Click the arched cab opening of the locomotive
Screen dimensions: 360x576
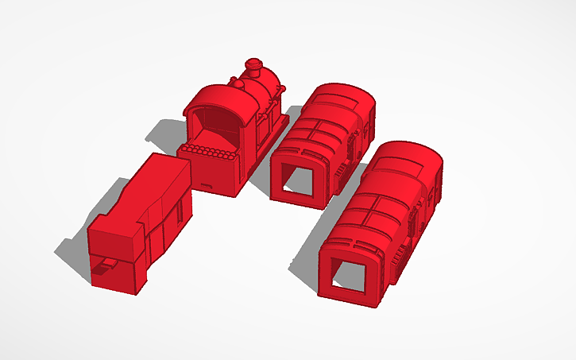click(x=213, y=127)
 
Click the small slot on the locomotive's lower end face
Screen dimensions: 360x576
click(x=207, y=184)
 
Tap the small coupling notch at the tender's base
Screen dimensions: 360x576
click(x=102, y=270)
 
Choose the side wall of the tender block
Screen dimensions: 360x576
click(x=167, y=223)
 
